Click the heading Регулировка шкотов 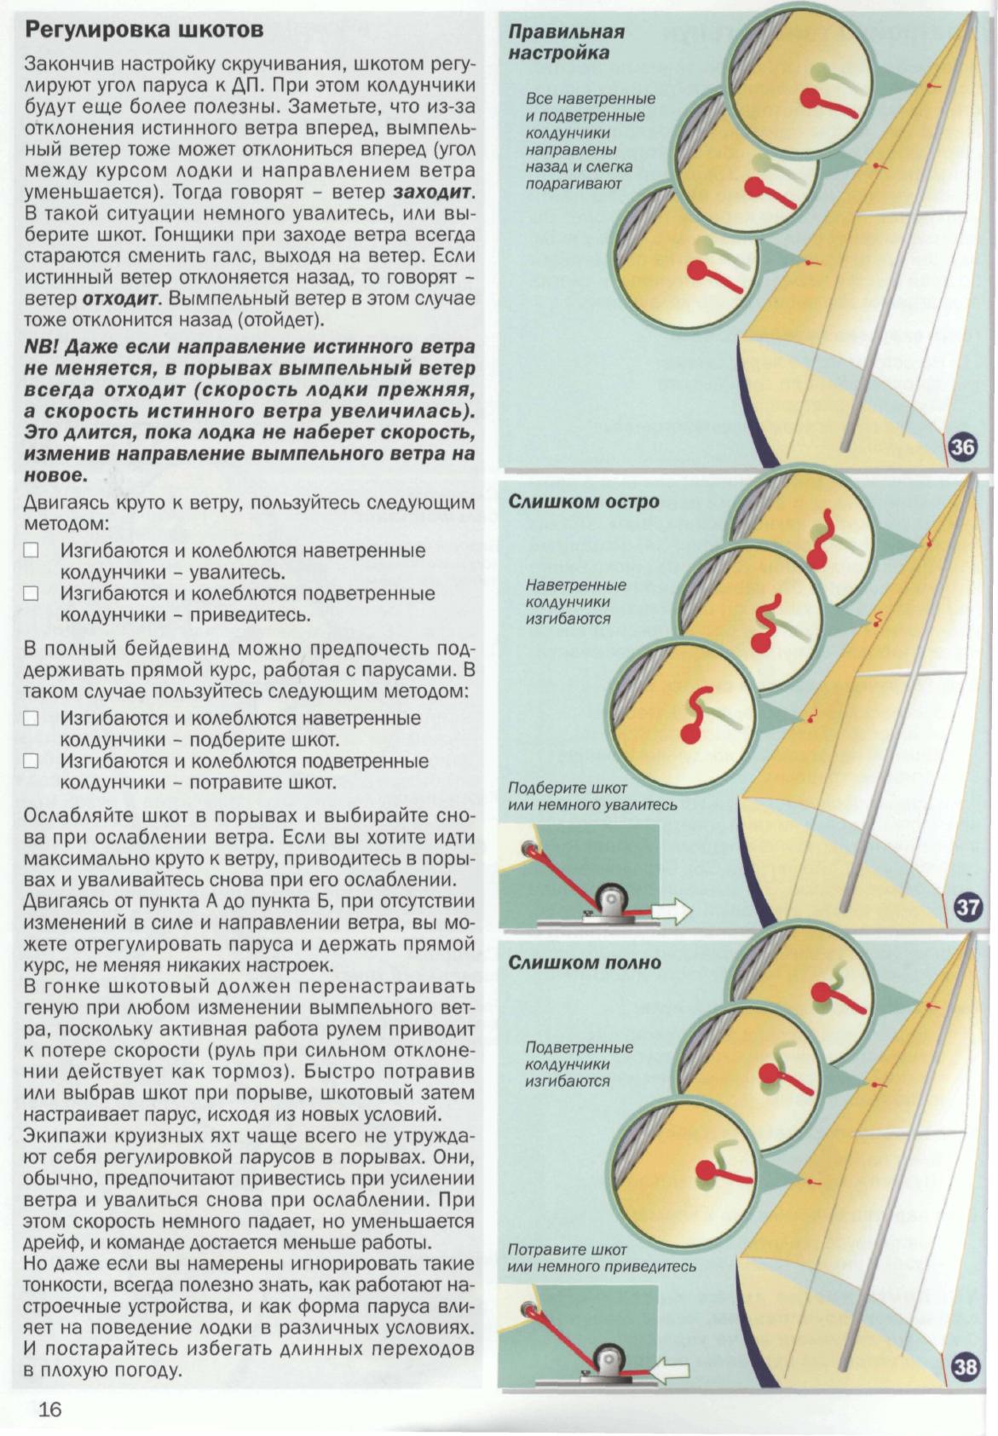coord(143,30)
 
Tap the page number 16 coord(50,1409)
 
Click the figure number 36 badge coord(961,447)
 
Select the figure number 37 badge coord(966,907)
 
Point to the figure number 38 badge coord(964,1368)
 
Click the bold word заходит coord(433,192)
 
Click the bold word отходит coord(121,299)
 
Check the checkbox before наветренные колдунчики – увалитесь coord(32,551)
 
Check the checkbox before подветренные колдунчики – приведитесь coord(32,593)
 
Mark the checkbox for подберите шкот coord(32,718)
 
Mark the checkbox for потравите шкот coord(32,761)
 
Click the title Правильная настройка coord(566,43)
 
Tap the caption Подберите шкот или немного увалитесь coord(591,796)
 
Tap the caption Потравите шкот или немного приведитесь coord(601,1258)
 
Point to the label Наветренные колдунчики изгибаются coord(575,602)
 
